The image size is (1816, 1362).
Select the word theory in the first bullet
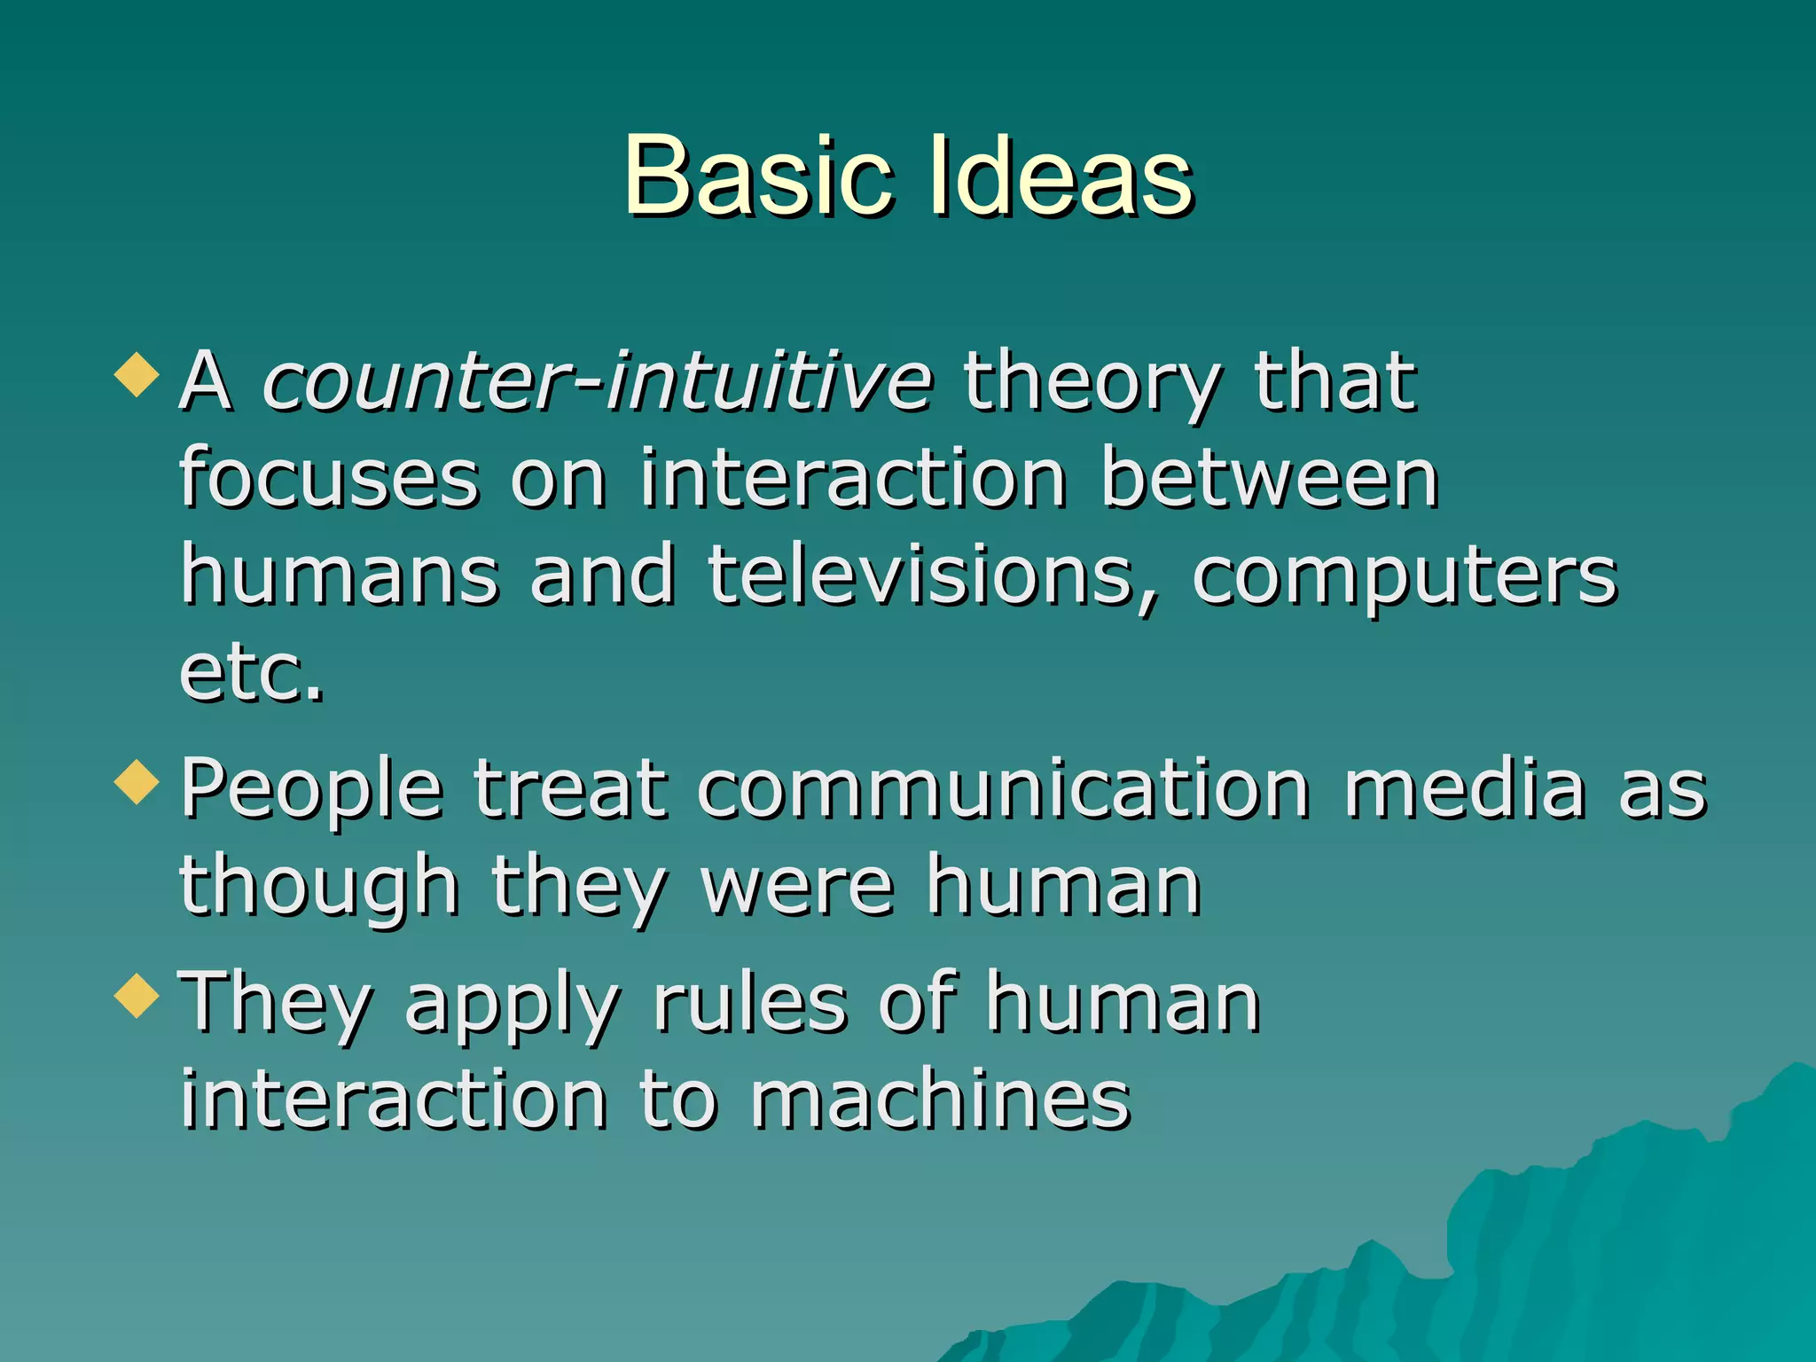point(1092,383)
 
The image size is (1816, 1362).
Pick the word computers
point(1405,578)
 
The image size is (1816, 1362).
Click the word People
point(311,789)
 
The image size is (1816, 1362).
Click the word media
point(1464,789)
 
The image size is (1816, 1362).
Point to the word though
point(319,887)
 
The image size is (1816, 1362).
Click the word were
point(797,887)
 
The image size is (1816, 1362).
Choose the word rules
point(750,1004)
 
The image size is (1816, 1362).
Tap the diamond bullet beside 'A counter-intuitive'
point(137,374)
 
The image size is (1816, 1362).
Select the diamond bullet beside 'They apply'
point(137,995)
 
